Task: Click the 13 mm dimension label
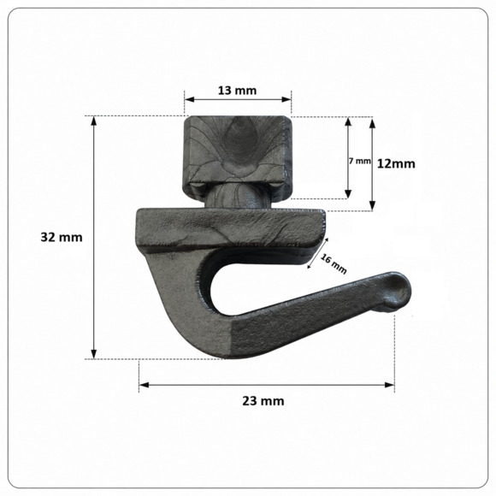click(237, 91)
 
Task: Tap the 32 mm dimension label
click(62, 237)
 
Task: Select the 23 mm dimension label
click(263, 401)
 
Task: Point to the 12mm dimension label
click(396, 164)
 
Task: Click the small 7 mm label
click(360, 161)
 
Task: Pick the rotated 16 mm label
click(334, 263)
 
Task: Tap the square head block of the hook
click(237, 155)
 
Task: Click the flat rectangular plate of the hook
click(231, 227)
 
